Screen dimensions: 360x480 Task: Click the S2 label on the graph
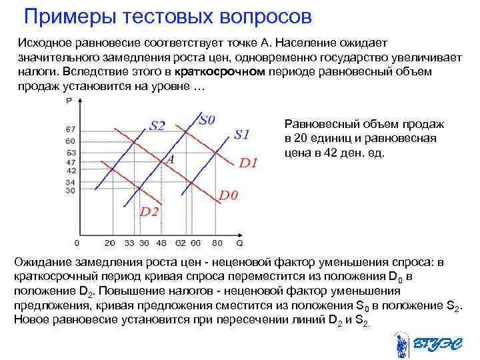pos(157,125)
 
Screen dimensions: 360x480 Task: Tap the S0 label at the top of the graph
pos(207,120)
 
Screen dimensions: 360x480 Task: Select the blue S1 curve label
pos(241,134)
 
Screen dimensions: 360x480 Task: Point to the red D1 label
pos(248,162)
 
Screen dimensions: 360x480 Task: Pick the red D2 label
pos(149,211)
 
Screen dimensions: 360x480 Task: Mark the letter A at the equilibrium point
pos(170,160)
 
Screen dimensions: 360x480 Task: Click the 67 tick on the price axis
pos(71,129)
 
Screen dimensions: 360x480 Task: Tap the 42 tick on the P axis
pos(71,171)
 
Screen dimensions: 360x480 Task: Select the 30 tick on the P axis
pos(71,191)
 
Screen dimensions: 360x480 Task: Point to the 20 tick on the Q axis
pos(110,243)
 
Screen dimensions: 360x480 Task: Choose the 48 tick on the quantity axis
pos(162,243)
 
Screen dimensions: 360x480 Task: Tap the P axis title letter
pos(70,101)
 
